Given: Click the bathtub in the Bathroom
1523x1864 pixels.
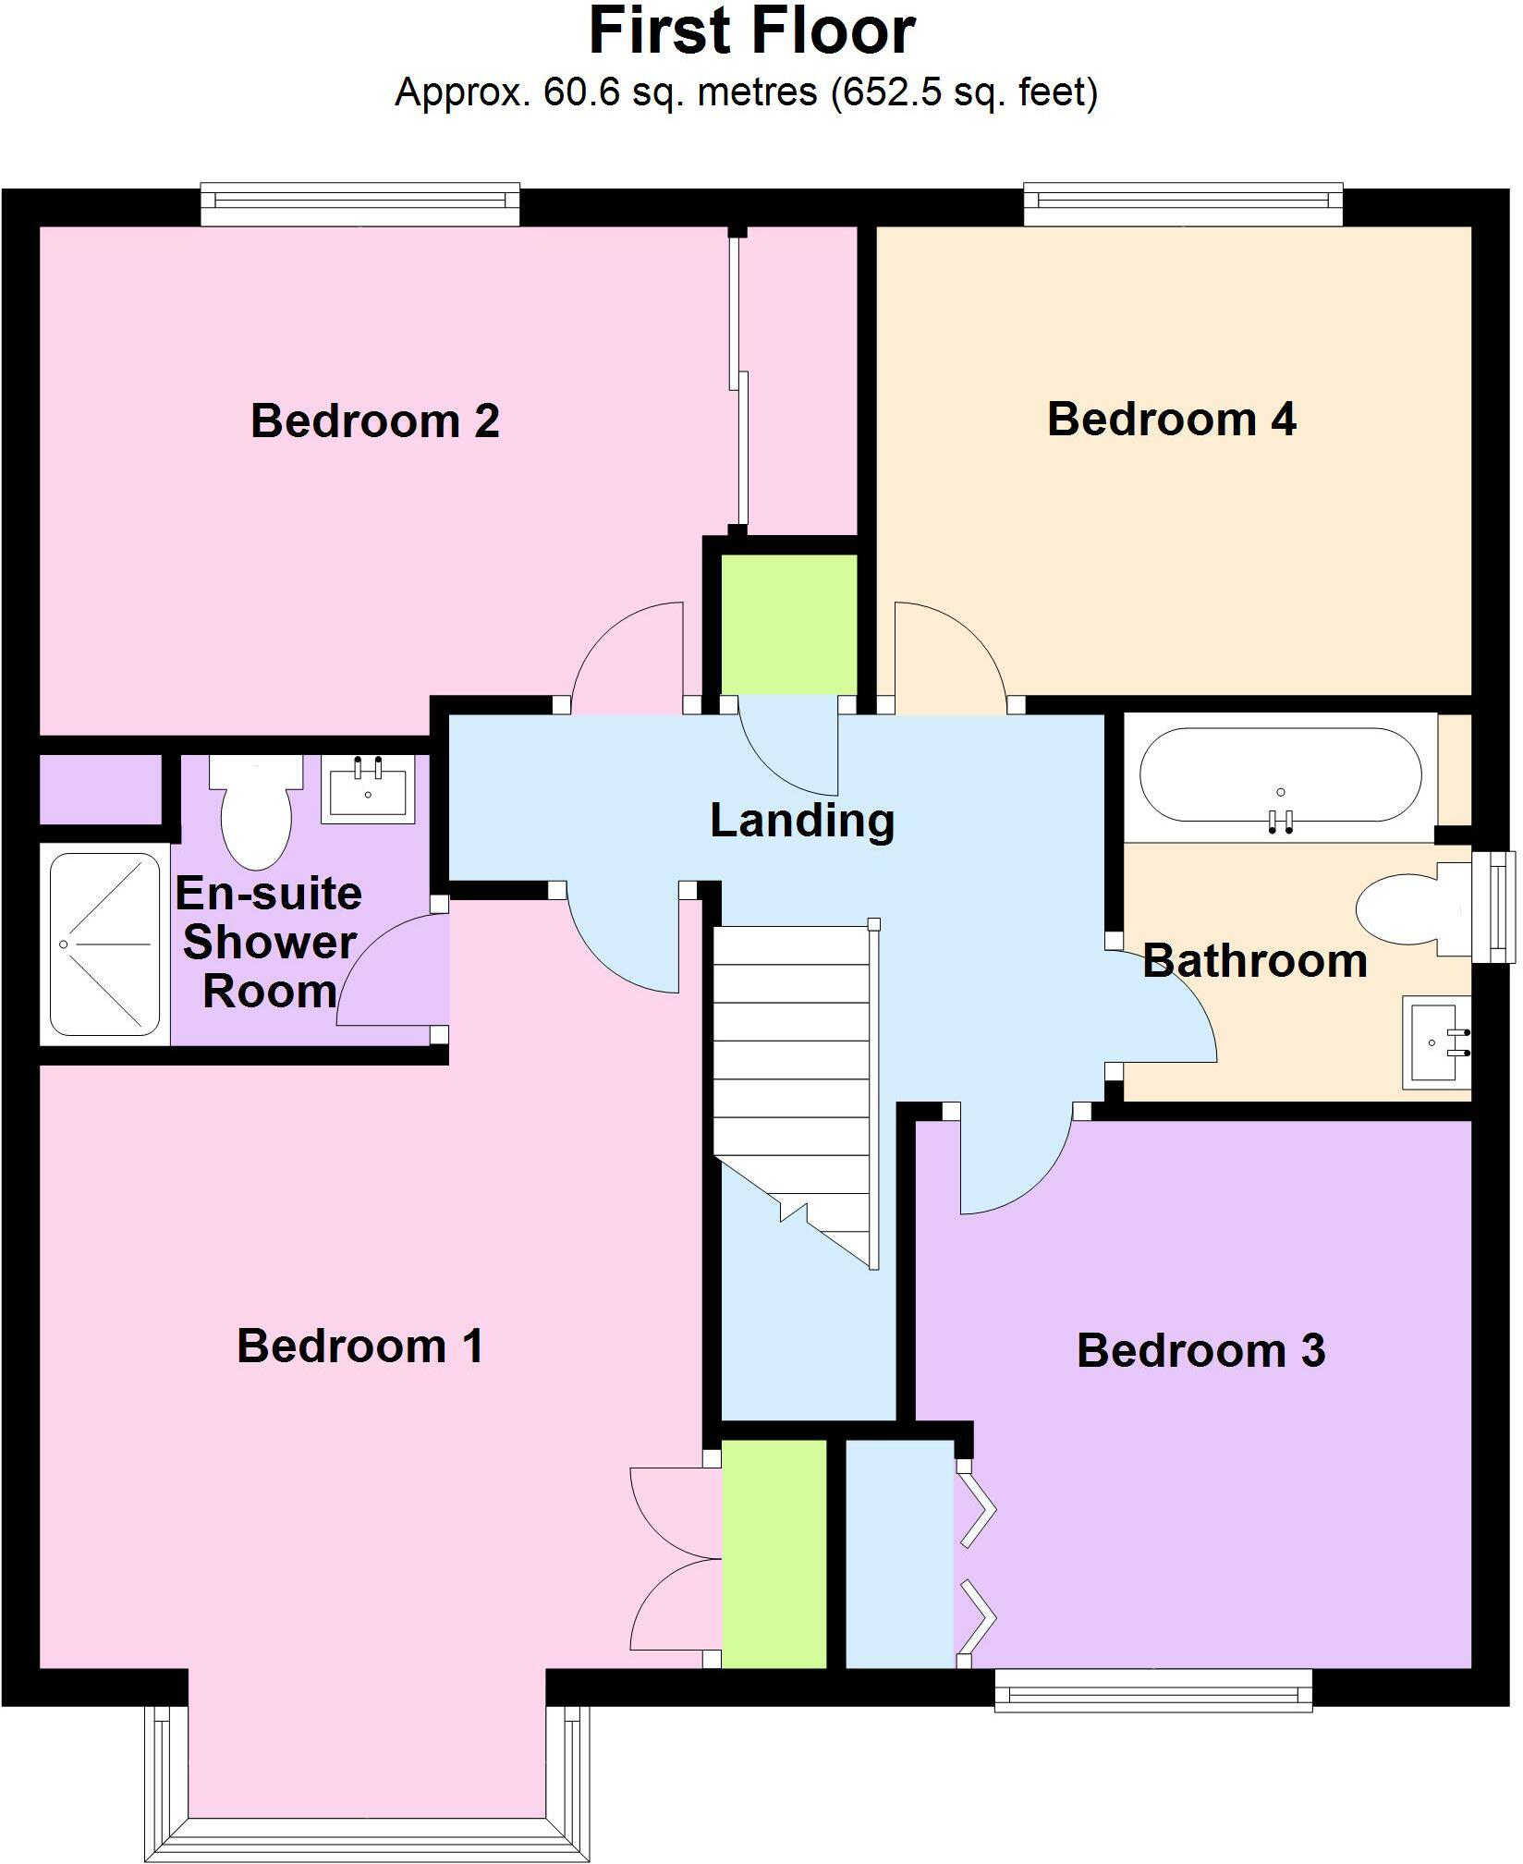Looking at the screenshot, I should (x=1280, y=774).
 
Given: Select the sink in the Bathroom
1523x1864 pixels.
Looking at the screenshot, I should (x=1435, y=1042).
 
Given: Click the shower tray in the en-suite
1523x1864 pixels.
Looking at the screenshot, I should (x=104, y=944).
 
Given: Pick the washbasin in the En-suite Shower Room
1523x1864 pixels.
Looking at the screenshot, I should (x=368, y=789).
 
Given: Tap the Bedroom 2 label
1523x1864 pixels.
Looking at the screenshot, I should (x=375, y=420).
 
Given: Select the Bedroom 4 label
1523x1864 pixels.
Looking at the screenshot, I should (x=1171, y=419).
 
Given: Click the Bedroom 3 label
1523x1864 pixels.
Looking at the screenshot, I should (x=1200, y=1350).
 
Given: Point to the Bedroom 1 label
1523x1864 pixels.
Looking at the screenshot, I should (x=360, y=1346).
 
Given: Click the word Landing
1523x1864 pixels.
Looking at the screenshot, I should (x=802, y=821).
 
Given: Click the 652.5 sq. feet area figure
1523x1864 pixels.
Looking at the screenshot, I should (x=965, y=91).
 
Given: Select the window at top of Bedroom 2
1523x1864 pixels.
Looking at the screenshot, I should (x=360, y=204).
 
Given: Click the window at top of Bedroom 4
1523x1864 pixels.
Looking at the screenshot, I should (x=1182, y=204).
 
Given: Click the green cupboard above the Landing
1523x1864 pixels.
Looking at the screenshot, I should (x=788, y=624).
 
